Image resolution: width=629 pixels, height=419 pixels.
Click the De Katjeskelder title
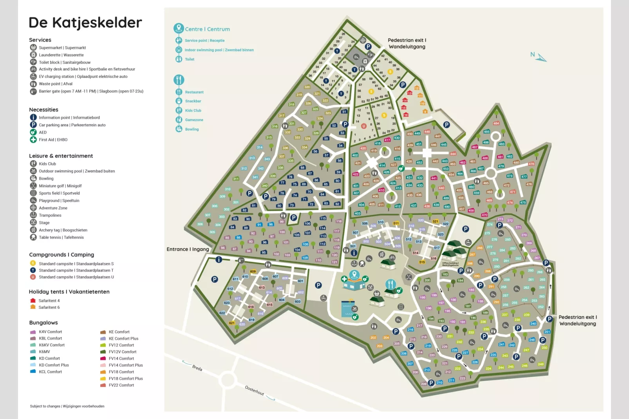(85, 23)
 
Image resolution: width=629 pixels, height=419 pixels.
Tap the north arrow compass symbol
(539, 57)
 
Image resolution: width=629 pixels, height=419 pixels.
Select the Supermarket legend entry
(62, 48)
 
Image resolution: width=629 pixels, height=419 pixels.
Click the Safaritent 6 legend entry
(49, 308)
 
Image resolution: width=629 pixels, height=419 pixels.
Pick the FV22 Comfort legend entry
(121, 385)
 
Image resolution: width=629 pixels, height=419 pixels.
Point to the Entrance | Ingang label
(188, 249)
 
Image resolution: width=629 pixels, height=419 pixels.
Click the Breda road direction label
(197, 368)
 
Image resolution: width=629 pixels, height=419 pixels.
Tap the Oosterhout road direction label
(255, 390)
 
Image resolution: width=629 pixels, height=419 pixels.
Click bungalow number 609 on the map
(253, 272)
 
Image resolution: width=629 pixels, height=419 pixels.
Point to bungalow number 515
(422, 262)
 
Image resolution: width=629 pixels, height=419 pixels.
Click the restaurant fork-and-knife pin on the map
(390, 284)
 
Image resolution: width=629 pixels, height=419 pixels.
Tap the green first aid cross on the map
(344, 279)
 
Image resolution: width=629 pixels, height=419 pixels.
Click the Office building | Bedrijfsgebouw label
(450, 264)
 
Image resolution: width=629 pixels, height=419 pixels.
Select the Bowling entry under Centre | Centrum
(192, 129)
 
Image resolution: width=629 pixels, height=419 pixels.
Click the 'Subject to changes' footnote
(67, 406)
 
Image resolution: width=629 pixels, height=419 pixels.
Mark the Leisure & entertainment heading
(61, 156)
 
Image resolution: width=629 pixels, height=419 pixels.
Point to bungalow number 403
(357, 214)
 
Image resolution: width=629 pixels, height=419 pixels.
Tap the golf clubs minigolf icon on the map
(408, 277)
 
